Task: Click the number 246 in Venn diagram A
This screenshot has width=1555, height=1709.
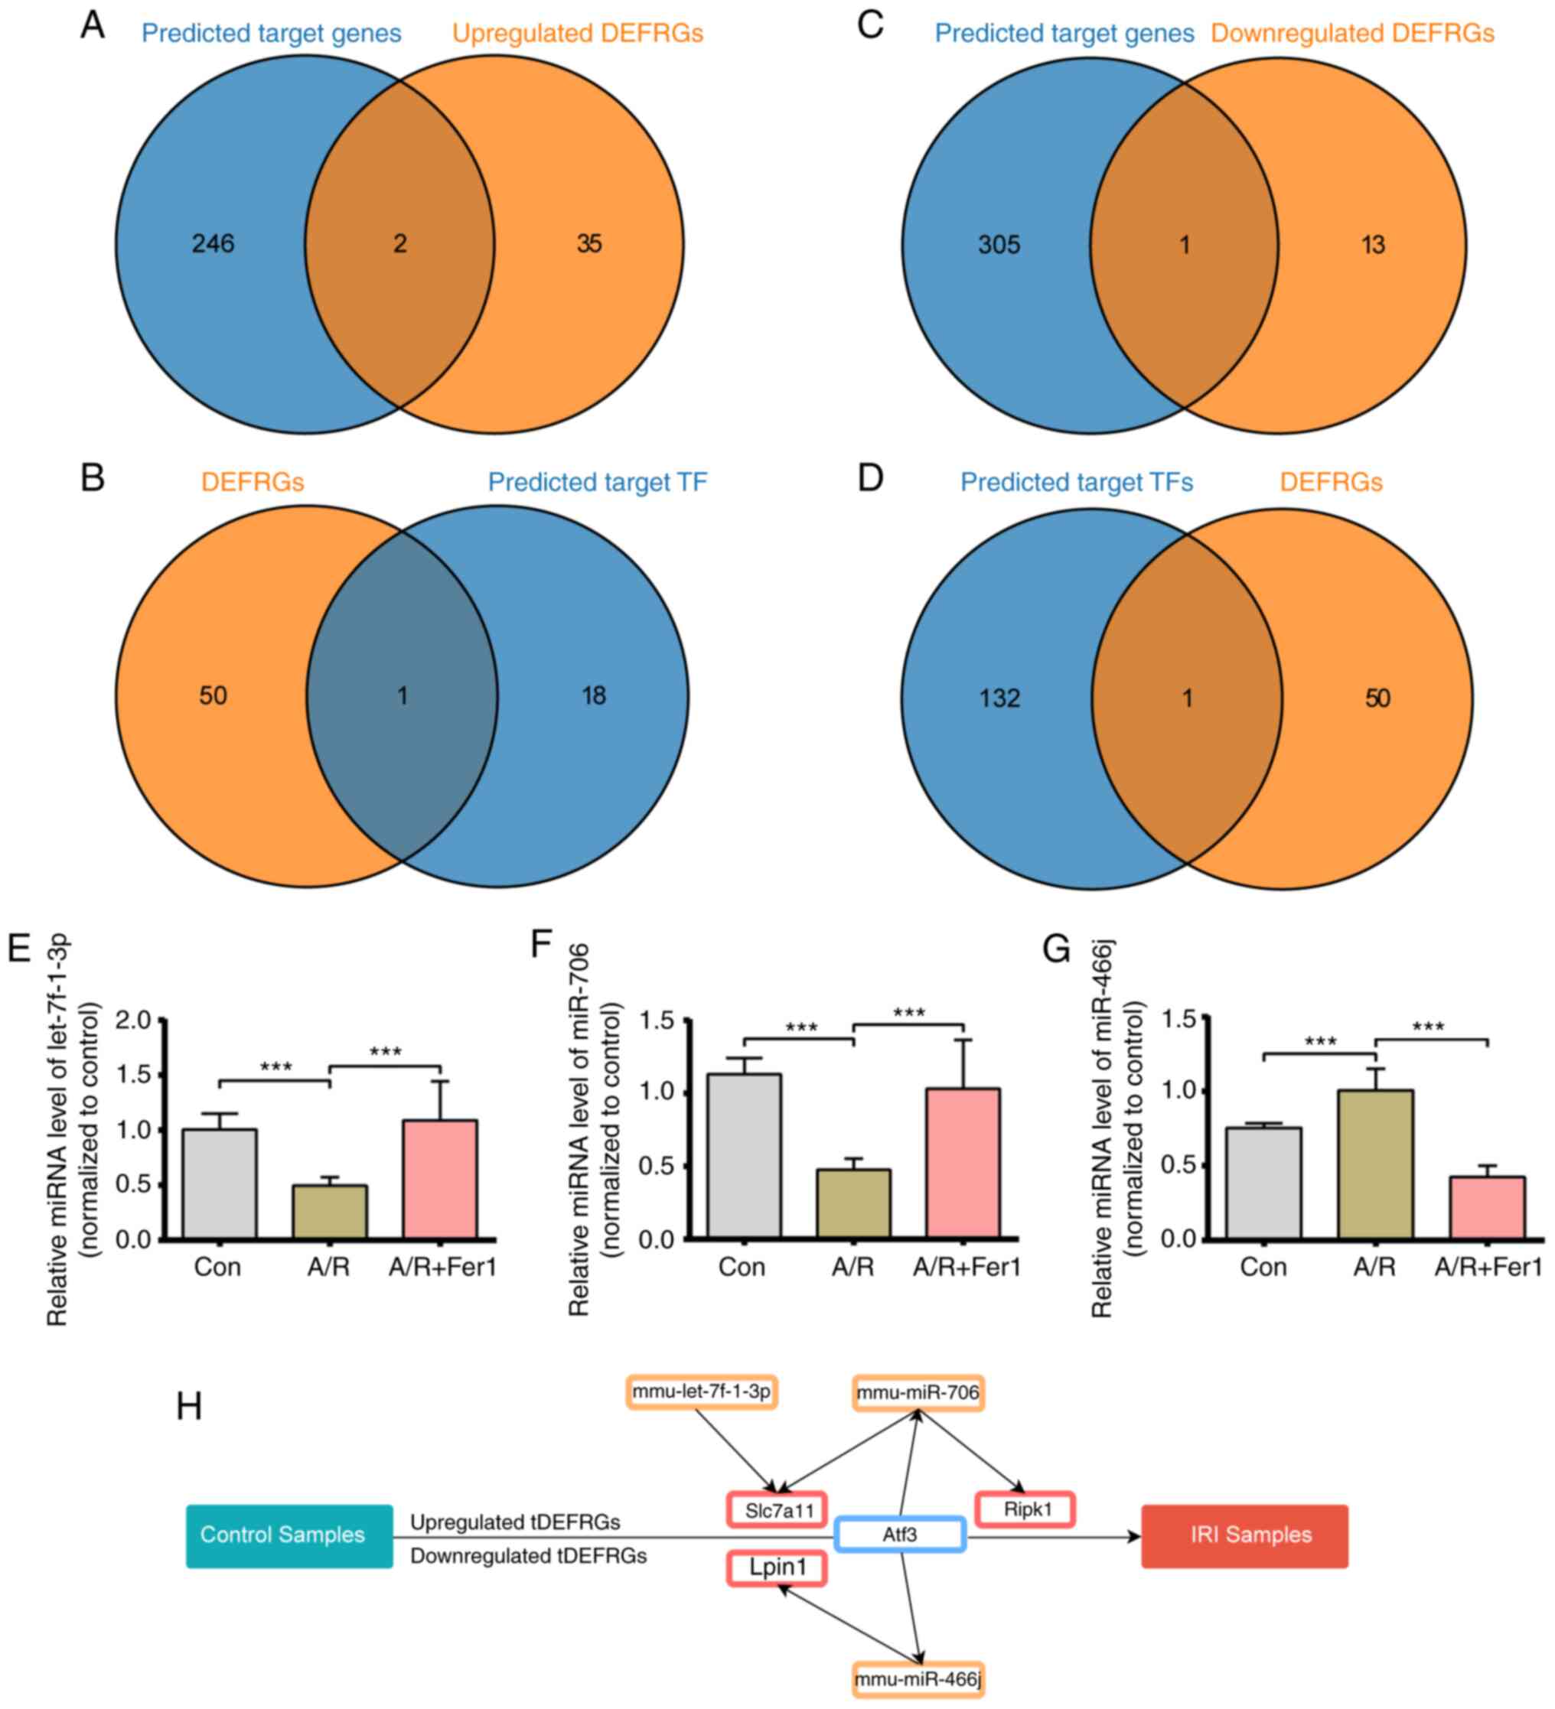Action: click(x=213, y=244)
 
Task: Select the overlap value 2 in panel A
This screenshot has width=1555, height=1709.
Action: click(x=400, y=244)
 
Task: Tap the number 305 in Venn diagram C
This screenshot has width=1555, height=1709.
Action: click(x=999, y=245)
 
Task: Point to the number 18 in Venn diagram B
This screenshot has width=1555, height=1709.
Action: click(x=594, y=696)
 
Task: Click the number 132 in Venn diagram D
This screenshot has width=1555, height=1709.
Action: click(x=999, y=698)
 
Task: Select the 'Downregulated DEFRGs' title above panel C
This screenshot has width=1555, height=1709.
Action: click(x=1351, y=34)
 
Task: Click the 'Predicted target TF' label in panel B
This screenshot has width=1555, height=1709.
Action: click(x=597, y=483)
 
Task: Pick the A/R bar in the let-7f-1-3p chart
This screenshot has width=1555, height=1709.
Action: click(x=330, y=1212)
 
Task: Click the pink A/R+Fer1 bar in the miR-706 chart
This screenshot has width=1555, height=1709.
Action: click(x=963, y=1163)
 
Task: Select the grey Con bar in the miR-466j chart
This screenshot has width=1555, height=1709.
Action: click(x=1263, y=1183)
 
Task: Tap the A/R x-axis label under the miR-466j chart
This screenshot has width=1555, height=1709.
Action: click(x=1374, y=1268)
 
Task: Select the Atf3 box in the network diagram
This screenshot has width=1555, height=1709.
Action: click(x=900, y=1535)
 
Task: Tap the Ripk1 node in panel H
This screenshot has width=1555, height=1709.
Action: click(x=1027, y=1509)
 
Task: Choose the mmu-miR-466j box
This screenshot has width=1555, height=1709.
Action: click(x=918, y=1678)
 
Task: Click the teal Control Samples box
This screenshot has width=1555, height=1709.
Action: click(x=289, y=1535)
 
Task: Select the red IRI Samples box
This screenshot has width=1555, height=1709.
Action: click(x=1244, y=1535)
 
